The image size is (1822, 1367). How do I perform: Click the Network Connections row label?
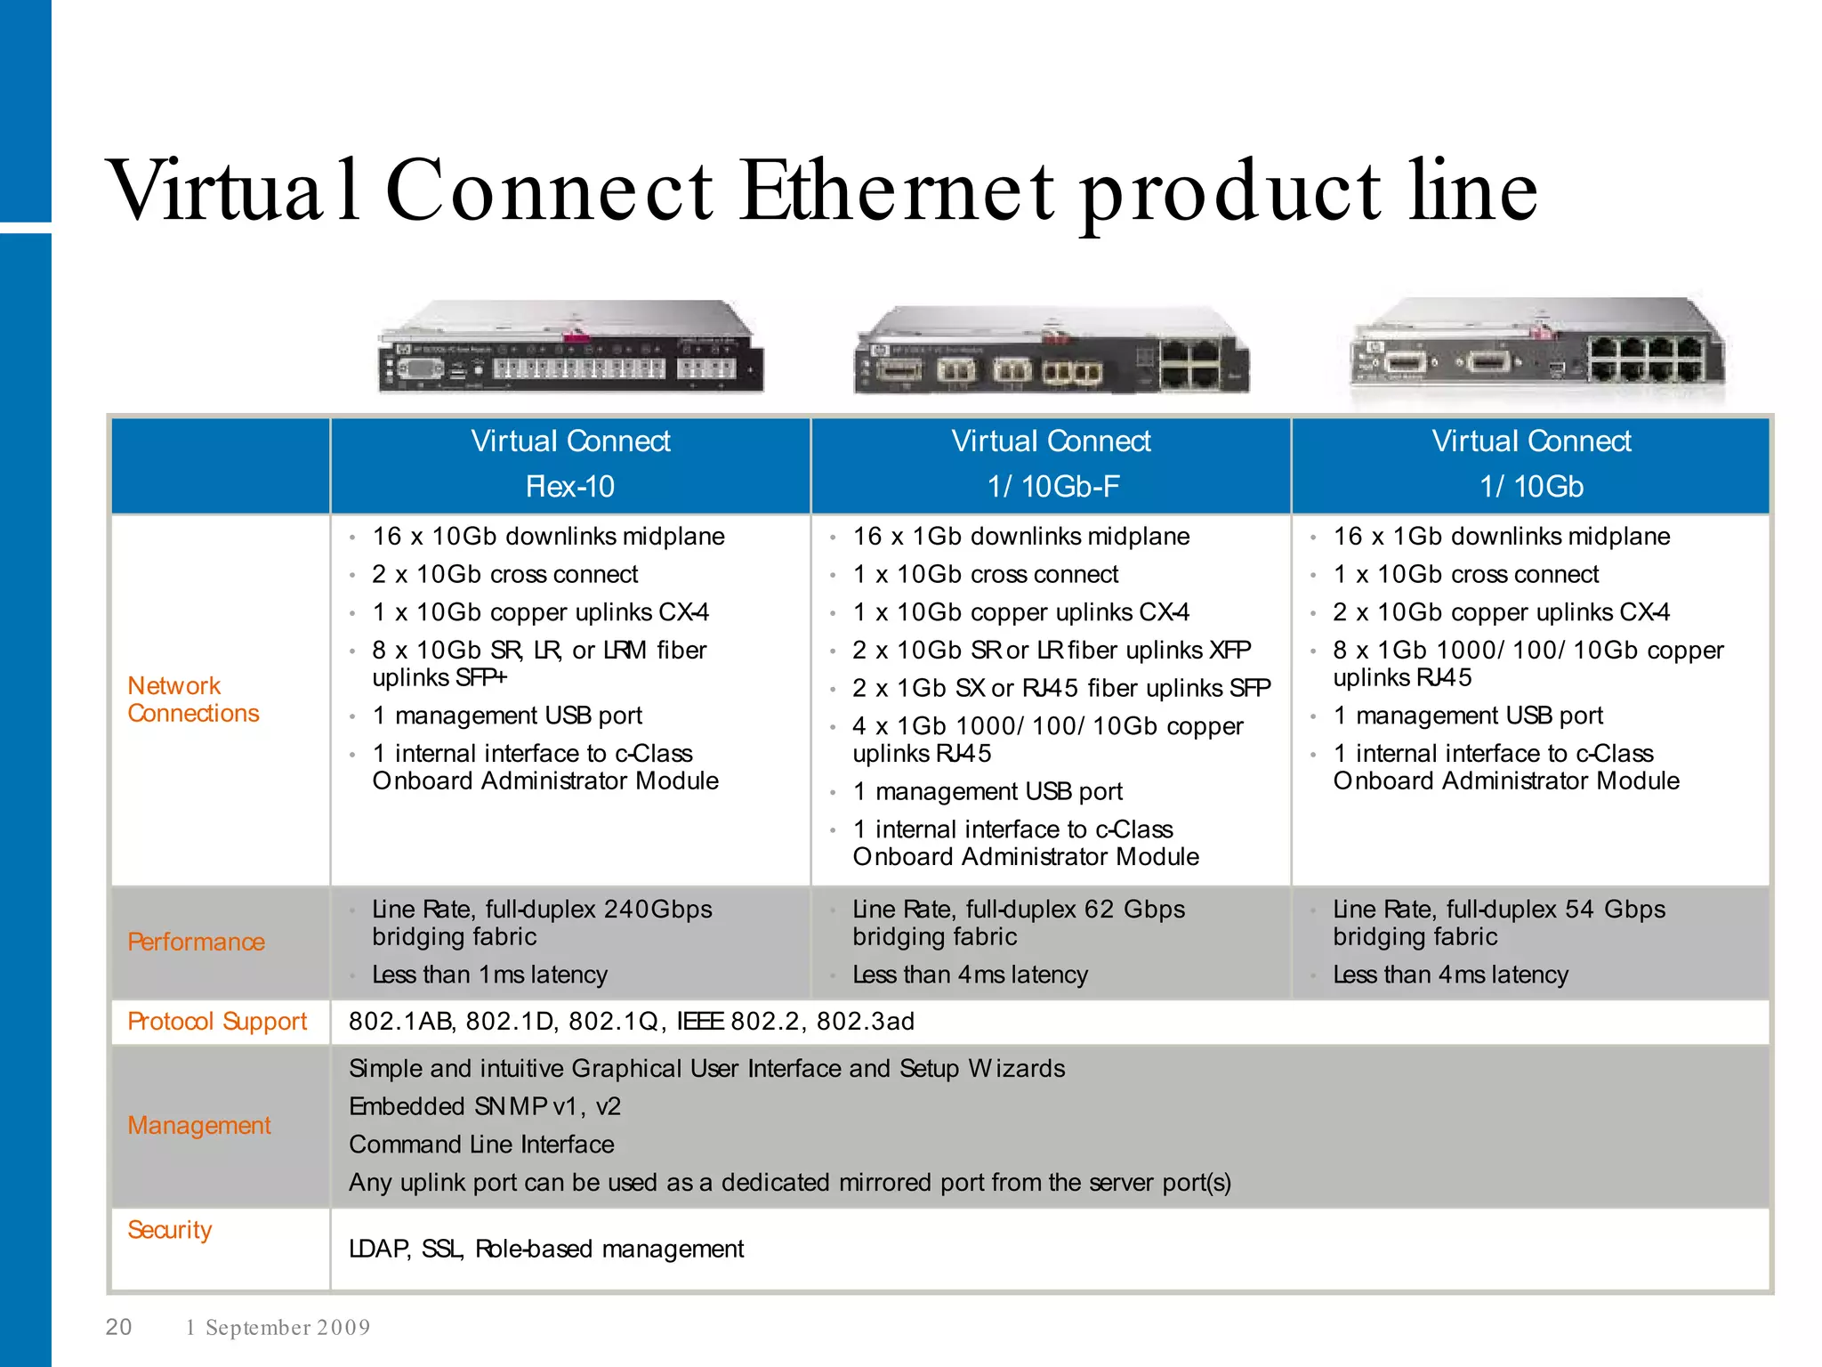pos(193,700)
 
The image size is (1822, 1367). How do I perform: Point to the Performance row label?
pos(196,942)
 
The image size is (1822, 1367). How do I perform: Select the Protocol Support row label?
pos(217,1021)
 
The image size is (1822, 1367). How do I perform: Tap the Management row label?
pos(198,1125)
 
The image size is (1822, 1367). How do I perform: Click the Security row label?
pos(169,1229)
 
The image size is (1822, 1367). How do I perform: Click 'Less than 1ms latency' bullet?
pos(489,975)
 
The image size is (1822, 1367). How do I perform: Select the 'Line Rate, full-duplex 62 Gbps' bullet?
pos(1018,909)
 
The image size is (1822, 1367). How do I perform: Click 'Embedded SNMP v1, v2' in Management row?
pos(485,1106)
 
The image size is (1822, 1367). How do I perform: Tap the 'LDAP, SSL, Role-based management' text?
pos(546,1249)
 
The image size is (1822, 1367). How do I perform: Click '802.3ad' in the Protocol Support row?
pos(865,1021)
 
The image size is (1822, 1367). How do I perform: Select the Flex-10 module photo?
pos(569,348)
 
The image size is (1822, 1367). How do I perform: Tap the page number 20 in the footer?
pos(118,1327)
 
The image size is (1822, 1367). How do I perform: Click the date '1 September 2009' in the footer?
pos(278,1328)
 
